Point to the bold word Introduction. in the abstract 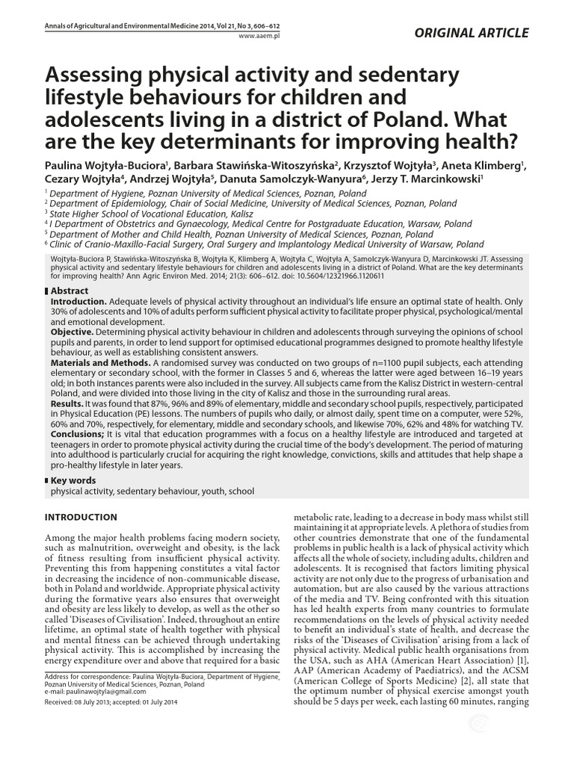point(78,300)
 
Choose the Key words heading point(72,480)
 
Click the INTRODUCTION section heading point(81,517)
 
